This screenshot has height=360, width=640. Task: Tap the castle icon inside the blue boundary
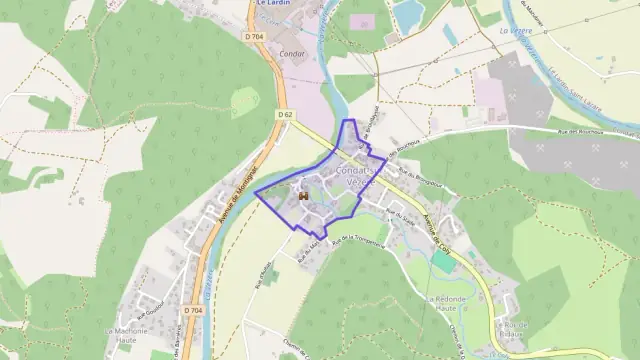(302, 196)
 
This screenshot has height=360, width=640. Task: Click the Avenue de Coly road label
(437, 232)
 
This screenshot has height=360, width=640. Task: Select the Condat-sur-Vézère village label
(358, 177)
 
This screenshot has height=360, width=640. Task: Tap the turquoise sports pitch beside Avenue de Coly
(441, 260)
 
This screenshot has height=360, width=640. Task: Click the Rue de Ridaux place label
(517, 328)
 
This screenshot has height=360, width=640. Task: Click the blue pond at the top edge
(408, 13)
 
